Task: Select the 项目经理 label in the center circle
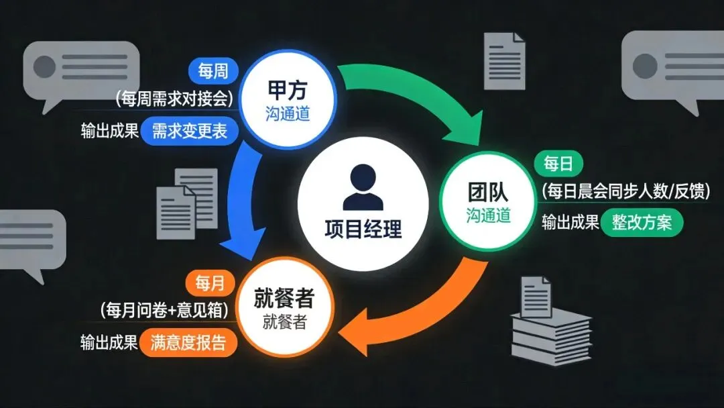tap(363, 229)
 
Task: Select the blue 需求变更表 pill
tap(190, 130)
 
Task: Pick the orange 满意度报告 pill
tap(190, 343)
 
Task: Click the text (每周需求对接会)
tap(174, 99)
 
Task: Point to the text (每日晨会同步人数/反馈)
tap(625, 191)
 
